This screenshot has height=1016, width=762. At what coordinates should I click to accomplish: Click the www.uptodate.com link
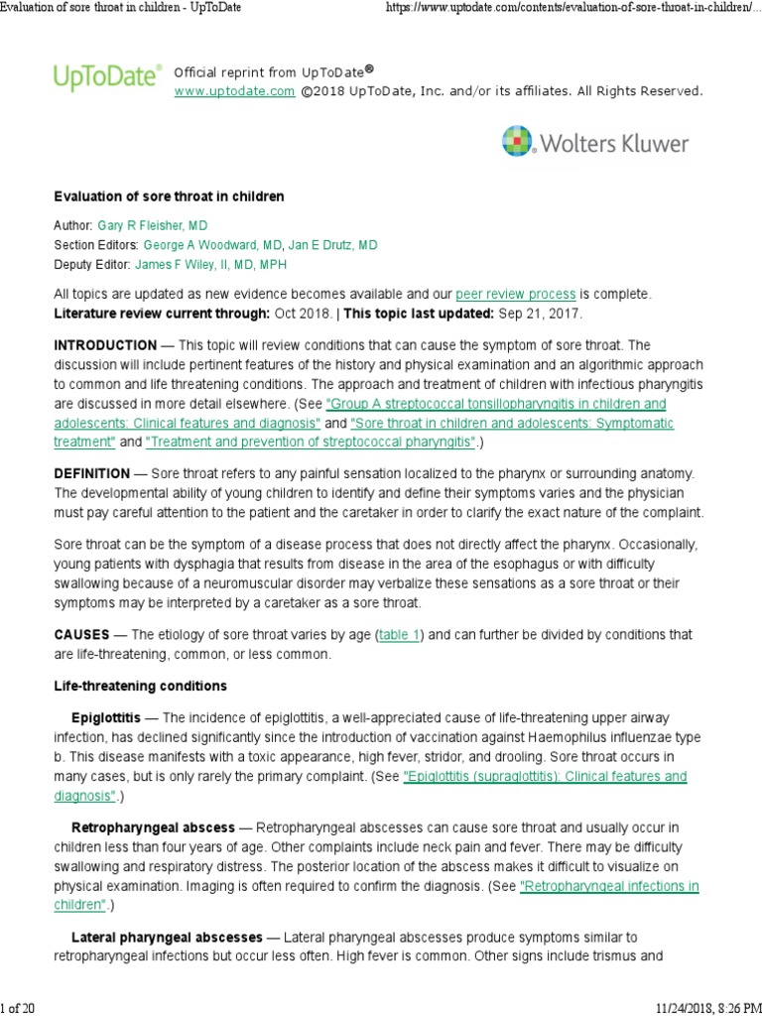pyautogui.click(x=234, y=91)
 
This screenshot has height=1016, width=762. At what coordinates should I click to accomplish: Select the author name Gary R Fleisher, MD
pyautogui.click(x=167, y=226)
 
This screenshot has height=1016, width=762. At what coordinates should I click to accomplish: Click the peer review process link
pyautogui.click(x=515, y=295)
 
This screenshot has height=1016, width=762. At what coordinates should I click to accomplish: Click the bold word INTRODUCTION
pyautogui.click(x=105, y=345)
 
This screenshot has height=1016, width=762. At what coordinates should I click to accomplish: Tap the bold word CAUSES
pyautogui.click(x=81, y=634)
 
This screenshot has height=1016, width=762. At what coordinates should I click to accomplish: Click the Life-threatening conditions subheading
pyautogui.click(x=140, y=686)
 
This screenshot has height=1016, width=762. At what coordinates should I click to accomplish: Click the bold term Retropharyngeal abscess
pyautogui.click(x=153, y=827)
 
